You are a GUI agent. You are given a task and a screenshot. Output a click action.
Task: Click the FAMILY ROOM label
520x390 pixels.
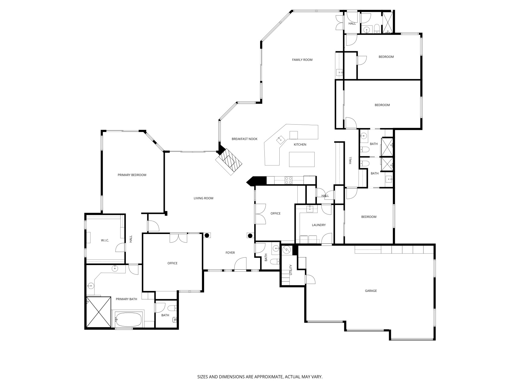click(x=302, y=60)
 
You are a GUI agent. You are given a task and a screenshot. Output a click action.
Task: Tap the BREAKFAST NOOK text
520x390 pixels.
click(x=244, y=139)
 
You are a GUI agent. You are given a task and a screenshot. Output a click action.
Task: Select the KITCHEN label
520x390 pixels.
click(x=300, y=144)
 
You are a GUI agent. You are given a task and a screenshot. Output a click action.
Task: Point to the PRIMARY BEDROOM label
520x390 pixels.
click(x=132, y=175)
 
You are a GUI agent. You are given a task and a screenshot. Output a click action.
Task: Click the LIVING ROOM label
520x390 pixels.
click(x=203, y=198)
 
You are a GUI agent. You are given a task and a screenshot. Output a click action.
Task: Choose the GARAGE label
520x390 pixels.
click(x=371, y=291)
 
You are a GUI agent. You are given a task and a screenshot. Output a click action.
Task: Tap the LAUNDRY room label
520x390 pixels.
click(x=319, y=225)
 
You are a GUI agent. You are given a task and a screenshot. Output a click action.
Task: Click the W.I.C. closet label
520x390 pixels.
click(x=105, y=241)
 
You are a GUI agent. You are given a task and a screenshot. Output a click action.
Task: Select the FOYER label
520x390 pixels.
click(x=230, y=253)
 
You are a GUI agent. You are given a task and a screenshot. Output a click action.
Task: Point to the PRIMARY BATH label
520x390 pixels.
click(x=126, y=299)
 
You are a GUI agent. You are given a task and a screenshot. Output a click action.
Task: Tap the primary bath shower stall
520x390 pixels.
click(x=98, y=312)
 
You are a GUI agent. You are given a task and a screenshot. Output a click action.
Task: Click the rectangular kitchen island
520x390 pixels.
click(x=302, y=159)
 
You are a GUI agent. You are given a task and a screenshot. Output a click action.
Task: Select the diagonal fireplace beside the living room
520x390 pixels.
click(x=229, y=162)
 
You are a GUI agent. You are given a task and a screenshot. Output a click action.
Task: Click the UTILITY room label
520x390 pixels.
click(x=291, y=270)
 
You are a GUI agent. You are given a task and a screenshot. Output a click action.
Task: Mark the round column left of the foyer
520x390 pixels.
click(x=207, y=235)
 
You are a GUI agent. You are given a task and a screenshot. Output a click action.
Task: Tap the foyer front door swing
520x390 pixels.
click(x=240, y=264)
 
